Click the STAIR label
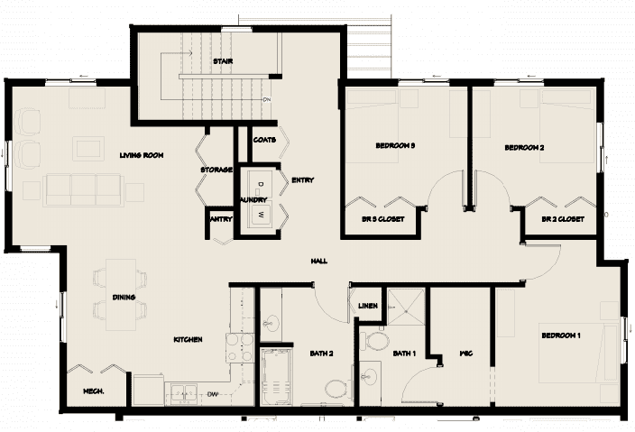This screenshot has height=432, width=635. [x=223, y=61]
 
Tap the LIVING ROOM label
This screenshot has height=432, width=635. [x=141, y=155]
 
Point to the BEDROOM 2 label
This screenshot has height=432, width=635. [x=523, y=147]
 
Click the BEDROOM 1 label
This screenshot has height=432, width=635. [x=560, y=335]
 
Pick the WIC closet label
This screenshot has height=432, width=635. [x=466, y=354]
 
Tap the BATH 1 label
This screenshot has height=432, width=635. [x=403, y=354]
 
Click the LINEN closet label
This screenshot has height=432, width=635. [x=367, y=306]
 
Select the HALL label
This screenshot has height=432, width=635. [x=318, y=262]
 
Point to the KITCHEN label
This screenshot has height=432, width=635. [x=188, y=340]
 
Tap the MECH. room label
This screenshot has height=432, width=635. [x=94, y=391]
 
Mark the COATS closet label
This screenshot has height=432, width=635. [x=264, y=140]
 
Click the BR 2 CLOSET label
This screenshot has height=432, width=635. [x=563, y=219]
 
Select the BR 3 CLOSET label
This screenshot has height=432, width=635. [x=382, y=219]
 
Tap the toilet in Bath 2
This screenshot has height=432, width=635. [x=335, y=389]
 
